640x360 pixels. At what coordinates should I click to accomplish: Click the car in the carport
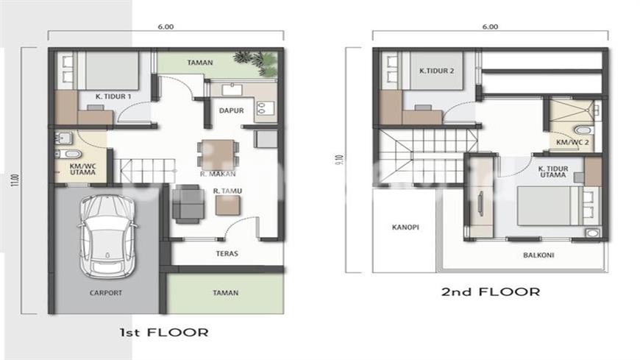[107, 236]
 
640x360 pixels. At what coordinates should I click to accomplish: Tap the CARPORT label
[106, 292]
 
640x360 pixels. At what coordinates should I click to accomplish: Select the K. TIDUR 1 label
[113, 96]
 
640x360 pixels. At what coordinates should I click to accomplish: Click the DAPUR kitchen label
[232, 110]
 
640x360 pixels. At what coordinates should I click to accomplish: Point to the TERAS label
[227, 253]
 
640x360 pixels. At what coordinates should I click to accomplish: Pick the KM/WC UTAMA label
[82, 169]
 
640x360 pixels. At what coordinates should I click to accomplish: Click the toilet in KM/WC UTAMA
[68, 154]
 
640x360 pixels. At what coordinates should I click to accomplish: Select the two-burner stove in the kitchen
[261, 108]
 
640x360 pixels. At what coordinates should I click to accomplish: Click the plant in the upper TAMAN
[257, 63]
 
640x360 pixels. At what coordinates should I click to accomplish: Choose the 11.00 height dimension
[16, 180]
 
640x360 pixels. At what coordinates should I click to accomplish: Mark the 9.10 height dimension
[341, 160]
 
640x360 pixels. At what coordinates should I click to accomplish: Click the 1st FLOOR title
[164, 332]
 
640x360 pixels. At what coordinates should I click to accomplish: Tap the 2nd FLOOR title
[491, 292]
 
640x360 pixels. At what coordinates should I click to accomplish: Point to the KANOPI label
[405, 227]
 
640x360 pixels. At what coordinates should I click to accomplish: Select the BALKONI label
[538, 255]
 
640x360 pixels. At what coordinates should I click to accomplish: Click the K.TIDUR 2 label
[436, 71]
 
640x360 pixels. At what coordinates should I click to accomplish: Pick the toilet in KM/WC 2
[583, 130]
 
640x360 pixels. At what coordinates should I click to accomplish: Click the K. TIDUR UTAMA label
[553, 172]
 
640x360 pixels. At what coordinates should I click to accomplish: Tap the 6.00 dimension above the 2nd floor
[490, 27]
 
